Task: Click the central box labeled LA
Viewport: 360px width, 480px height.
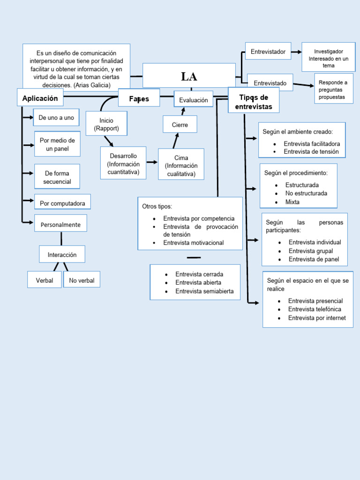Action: tap(189, 76)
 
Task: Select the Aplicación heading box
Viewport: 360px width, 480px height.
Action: tap(40, 98)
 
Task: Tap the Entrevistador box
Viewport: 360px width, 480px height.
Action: tap(268, 52)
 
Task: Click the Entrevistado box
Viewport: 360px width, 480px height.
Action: tap(270, 83)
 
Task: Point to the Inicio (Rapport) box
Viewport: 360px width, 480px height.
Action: tap(106, 124)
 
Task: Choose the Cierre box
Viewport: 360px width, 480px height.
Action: tap(180, 125)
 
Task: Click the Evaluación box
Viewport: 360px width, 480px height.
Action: tap(193, 100)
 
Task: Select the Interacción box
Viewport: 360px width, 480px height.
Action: tap(62, 255)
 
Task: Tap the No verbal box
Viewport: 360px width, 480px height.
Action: tap(82, 280)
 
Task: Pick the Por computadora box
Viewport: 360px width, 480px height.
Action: tap(62, 203)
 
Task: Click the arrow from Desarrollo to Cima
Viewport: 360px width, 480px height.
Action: tap(152, 162)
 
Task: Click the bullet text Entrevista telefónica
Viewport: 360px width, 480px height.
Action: tap(315, 309)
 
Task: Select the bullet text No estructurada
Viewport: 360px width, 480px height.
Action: tap(306, 193)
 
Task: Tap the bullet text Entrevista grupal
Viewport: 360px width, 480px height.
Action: tap(311, 251)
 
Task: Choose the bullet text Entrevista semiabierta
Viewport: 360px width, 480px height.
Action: tap(204, 291)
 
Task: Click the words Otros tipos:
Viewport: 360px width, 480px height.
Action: tap(157, 206)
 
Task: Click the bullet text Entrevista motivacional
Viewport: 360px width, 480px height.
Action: tap(193, 243)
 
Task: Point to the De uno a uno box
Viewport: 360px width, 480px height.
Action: tap(56, 118)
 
